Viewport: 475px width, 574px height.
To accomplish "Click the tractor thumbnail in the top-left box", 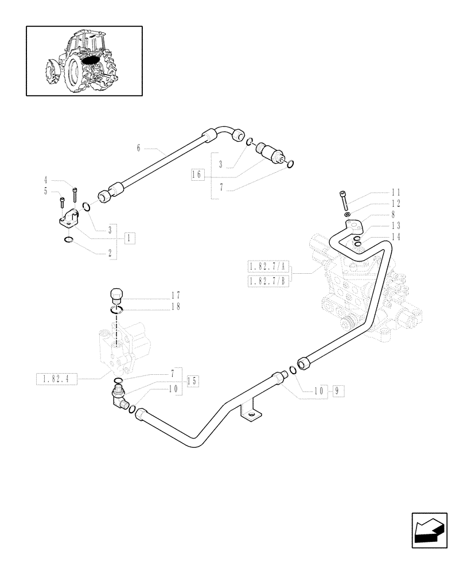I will click(x=84, y=60).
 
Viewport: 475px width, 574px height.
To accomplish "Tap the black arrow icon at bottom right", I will click(x=429, y=530).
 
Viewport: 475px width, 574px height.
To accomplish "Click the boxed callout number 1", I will click(x=130, y=237).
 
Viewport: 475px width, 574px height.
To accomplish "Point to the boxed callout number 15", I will click(x=193, y=381).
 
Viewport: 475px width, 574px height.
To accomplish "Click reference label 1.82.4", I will click(x=56, y=378).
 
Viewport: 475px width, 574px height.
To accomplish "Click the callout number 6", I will click(x=138, y=148).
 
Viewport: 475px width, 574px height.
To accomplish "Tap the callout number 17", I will click(x=175, y=296).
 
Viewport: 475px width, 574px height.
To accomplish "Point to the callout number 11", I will click(x=396, y=192).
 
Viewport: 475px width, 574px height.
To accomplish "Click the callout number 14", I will click(x=396, y=236).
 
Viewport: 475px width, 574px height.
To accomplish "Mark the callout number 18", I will click(x=175, y=307).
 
